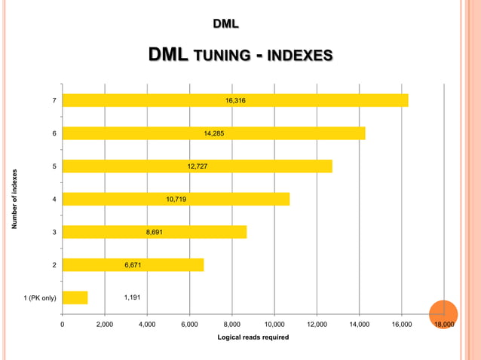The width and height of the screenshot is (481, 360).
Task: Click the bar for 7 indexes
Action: click(234, 100)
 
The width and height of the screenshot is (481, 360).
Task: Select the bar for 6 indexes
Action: click(213, 133)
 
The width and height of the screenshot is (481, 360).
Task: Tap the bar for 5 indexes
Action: click(197, 166)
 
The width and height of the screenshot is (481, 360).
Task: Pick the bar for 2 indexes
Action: click(133, 265)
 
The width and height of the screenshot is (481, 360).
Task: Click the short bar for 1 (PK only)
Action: click(75, 297)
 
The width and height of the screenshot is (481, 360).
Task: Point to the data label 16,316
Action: click(235, 100)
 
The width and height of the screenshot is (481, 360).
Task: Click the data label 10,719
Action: click(176, 200)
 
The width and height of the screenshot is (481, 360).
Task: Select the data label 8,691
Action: click(155, 233)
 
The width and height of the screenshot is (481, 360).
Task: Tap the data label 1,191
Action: click(133, 297)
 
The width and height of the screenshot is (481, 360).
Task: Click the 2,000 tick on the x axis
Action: click(104, 324)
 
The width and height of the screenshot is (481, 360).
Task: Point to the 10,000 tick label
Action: click(274, 324)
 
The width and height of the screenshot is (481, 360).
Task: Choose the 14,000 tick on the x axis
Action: click(360, 324)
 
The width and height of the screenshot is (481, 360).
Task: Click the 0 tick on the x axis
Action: click(62, 324)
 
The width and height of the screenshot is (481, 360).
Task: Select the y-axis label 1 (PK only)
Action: click(40, 298)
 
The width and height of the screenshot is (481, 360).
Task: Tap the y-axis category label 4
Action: click(54, 200)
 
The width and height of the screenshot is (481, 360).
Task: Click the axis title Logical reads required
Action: click(253, 337)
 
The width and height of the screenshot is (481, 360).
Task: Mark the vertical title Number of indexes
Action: click(14, 199)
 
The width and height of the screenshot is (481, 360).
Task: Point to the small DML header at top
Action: click(225, 24)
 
